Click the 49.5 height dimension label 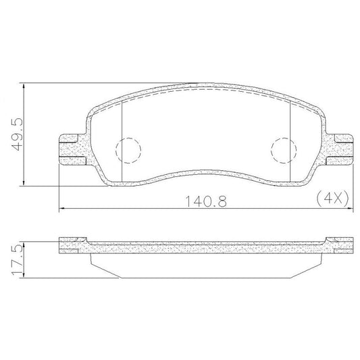tap(17, 134)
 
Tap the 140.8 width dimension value tap(206, 201)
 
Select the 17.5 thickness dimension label tap(17, 259)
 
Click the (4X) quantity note tap(333, 198)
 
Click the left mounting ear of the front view tap(72, 149)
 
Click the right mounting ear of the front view tap(339, 149)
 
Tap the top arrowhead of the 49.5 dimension tap(24, 85)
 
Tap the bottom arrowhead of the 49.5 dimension tap(24, 183)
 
